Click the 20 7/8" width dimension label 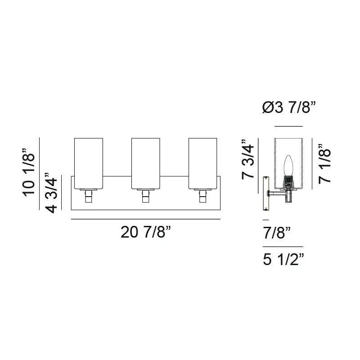146,233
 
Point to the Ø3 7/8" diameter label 288,108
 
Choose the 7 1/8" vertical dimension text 325,163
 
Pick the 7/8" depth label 276,233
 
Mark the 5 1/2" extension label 283,260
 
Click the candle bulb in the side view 288,166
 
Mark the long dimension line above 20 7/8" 146,219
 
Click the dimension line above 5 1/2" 283,247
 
